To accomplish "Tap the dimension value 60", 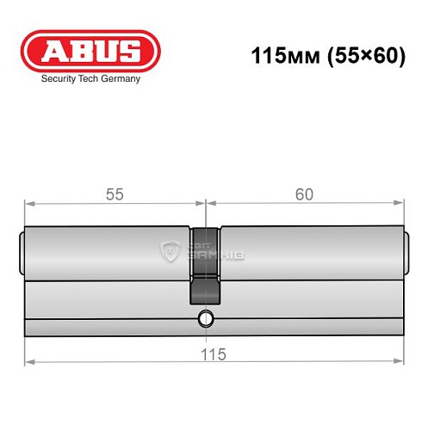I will point(303,194).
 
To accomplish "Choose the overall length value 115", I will point(214,353).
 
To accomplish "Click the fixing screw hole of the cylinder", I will point(205,319).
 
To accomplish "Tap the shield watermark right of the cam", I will point(169,250).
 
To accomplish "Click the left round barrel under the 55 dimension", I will point(108,254).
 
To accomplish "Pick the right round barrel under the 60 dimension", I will point(310,254).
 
